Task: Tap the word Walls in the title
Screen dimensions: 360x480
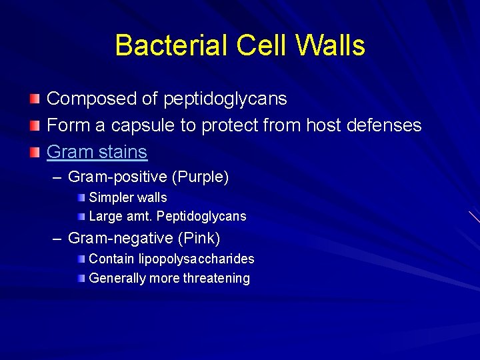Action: click(331, 45)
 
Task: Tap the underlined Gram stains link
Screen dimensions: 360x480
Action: click(97, 152)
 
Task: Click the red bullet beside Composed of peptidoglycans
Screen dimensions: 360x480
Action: click(34, 99)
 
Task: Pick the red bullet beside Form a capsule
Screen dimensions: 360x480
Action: click(34, 125)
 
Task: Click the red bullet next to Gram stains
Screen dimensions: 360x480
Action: click(34, 152)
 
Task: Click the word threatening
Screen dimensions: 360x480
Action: click(216, 279)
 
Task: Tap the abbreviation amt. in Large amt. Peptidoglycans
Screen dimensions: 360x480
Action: click(137, 217)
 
